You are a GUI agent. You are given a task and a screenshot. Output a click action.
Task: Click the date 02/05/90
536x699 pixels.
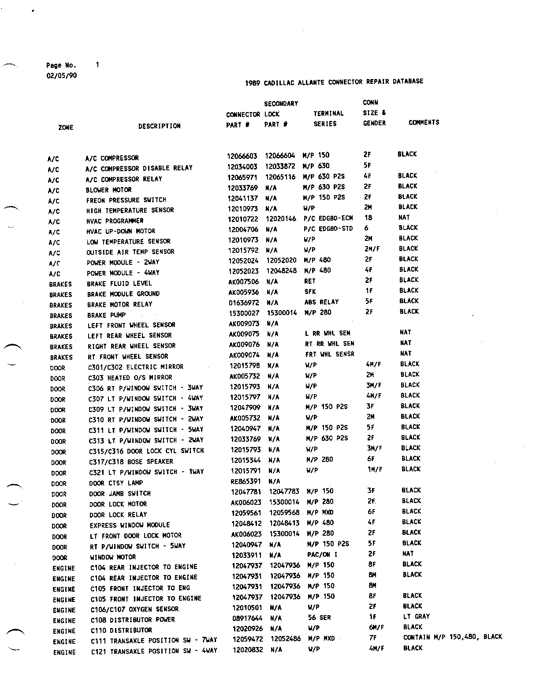(61, 75)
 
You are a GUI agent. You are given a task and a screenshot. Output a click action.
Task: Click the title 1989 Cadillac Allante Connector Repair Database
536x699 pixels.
(334, 82)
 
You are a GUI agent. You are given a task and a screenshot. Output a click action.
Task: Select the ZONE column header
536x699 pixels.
(66, 128)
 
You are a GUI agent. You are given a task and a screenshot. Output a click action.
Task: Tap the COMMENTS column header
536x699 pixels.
(424, 123)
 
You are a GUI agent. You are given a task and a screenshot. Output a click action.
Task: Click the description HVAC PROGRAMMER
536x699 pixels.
(115, 221)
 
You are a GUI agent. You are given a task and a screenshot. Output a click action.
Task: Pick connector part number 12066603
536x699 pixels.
(242, 156)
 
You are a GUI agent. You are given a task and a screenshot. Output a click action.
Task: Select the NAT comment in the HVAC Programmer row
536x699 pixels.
(404, 218)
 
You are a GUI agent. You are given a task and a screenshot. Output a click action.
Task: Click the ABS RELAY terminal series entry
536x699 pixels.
(321, 302)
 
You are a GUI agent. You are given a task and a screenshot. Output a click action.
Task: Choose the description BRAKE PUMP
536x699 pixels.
(106, 315)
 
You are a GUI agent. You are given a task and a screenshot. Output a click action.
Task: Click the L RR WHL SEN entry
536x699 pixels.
(327, 333)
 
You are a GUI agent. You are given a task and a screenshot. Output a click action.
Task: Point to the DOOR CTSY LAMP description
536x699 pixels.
(116, 483)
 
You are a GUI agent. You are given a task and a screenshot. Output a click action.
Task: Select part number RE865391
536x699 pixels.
(246, 481)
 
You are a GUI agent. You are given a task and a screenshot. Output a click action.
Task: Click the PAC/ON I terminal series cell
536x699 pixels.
(322, 554)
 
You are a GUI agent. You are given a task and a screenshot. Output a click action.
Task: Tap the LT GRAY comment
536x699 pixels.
(416, 616)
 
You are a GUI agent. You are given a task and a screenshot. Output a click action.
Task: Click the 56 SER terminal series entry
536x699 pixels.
(319, 618)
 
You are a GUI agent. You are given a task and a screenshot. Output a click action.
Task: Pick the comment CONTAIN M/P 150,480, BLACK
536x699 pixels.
(452, 637)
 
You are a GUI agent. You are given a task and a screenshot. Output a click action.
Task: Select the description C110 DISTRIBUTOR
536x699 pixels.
(121, 630)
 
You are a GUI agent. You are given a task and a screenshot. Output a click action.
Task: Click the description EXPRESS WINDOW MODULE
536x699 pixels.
(130, 525)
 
